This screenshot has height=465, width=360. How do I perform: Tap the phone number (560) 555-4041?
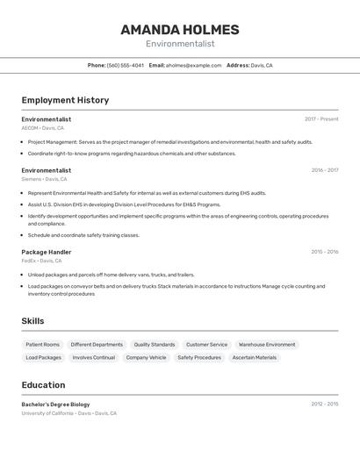[125, 65]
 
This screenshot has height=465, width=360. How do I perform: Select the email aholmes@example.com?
[193, 65]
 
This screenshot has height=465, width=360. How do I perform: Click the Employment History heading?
[65, 100]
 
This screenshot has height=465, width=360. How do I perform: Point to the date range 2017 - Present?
[321, 119]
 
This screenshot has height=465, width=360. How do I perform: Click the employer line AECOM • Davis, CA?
[43, 128]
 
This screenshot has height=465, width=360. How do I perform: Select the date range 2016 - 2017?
[324, 170]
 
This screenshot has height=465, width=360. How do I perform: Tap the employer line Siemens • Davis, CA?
[46, 179]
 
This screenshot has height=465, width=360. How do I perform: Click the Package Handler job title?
[47, 252]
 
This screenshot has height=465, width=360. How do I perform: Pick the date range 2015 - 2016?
[324, 252]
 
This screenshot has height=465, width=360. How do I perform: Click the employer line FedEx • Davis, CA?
[42, 261]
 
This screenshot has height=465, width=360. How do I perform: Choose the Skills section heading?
[32, 321]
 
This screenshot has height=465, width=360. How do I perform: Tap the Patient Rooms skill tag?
[43, 345]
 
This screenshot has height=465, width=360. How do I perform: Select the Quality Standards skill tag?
[155, 345]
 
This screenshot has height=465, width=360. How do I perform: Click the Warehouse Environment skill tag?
[267, 345]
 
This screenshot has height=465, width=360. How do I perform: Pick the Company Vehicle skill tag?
[146, 358]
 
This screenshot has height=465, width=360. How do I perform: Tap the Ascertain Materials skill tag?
[254, 358]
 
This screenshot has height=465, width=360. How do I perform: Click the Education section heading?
[43, 385]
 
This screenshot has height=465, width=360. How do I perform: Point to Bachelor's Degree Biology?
[56, 404]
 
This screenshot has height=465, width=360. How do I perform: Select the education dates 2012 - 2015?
[324, 404]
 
